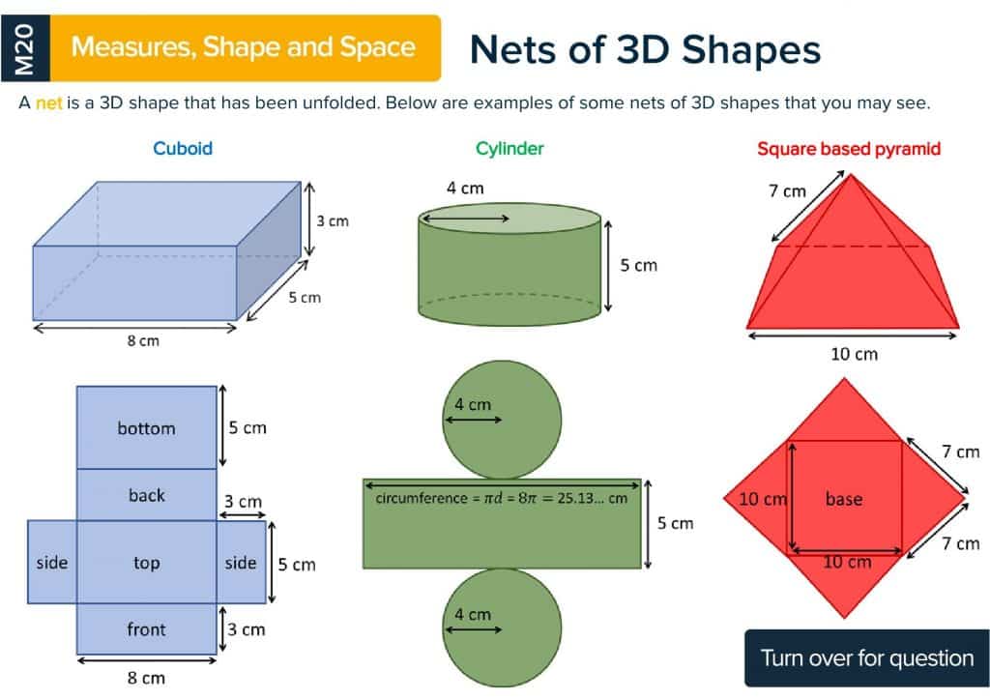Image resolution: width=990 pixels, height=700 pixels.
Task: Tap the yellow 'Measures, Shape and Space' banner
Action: click(x=244, y=47)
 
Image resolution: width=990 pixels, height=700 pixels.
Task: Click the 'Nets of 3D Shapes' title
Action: click(x=645, y=50)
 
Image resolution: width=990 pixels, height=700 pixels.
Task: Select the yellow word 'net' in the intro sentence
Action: click(x=48, y=103)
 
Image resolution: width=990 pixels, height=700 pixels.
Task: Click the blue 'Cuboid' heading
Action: click(x=183, y=149)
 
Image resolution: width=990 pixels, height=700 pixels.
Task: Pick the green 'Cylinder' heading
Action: click(x=510, y=149)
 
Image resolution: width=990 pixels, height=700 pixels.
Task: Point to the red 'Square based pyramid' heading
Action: click(x=848, y=149)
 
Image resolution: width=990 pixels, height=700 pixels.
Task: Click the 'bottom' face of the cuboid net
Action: click(x=147, y=428)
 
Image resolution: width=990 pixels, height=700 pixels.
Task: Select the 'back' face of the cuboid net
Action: click(x=147, y=495)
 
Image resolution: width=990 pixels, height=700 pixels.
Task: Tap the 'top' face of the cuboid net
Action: click(x=147, y=562)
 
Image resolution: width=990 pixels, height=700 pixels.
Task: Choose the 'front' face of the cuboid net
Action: click(x=147, y=629)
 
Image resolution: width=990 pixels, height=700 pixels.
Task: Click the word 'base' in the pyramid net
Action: click(x=844, y=499)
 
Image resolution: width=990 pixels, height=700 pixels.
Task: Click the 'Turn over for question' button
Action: click(x=867, y=658)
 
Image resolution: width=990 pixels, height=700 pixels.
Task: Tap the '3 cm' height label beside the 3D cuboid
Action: click(x=333, y=221)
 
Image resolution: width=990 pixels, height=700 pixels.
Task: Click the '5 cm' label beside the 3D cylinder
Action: click(x=638, y=265)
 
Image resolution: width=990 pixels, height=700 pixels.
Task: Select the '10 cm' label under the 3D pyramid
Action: click(x=855, y=354)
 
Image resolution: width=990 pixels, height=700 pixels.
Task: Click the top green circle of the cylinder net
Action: click(x=502, y=419)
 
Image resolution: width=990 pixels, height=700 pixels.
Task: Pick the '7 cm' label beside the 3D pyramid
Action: click(x=787, y=190)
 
